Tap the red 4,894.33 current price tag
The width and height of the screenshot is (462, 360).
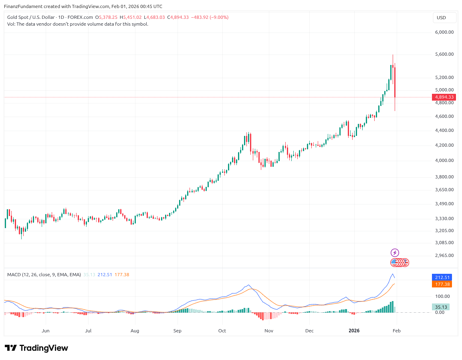point(444,97)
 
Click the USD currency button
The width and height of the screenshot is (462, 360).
point(441,18)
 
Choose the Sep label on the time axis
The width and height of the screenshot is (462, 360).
point(178,331)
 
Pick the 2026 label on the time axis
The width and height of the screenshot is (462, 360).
point(354,331)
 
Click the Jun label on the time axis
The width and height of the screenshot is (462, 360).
point(46,331)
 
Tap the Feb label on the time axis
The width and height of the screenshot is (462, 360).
point(397,331)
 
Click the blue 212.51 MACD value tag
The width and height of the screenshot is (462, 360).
point(441,277)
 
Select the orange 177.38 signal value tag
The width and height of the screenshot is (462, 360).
point(441,284)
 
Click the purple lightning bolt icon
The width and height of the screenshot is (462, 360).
point(395,253)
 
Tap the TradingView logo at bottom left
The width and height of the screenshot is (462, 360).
point(36,348)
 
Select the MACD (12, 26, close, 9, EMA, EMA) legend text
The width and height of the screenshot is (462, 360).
point(44,275)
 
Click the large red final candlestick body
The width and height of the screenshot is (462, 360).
point(395,82)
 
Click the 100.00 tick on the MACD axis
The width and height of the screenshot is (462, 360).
point(443,296)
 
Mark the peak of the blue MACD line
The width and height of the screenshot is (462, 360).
point(392,274)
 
